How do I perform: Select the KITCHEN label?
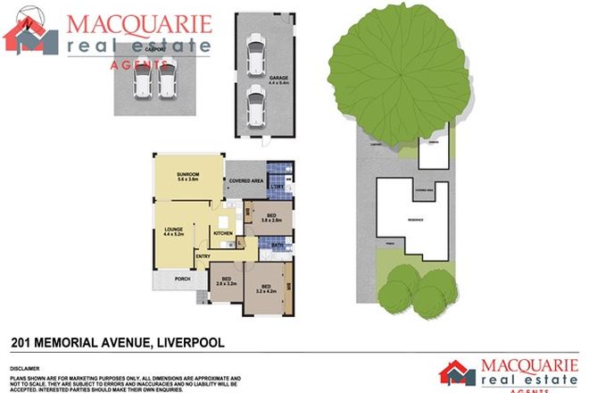point(223,234)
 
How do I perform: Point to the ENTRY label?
point(203,257)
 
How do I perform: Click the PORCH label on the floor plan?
point(182,278)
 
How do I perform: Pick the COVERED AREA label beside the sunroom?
point(245,181)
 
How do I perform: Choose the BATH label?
point(278,245)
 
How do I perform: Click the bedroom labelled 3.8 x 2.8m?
point(272,217)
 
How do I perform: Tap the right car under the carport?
point(166,82)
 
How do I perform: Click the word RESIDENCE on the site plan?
point(416,220)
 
